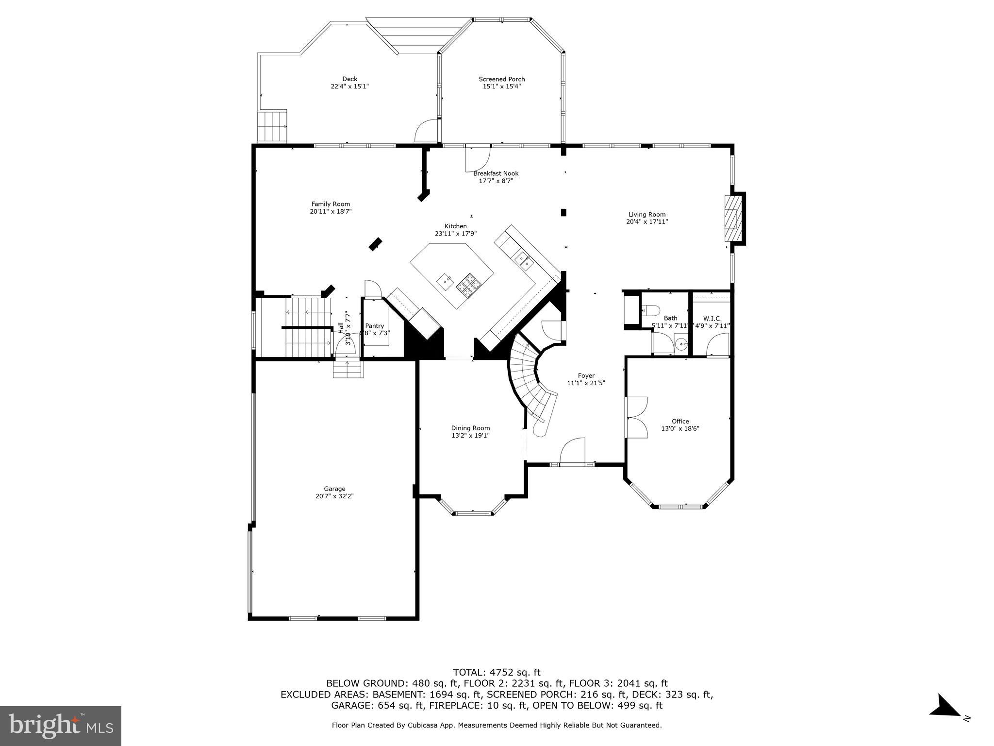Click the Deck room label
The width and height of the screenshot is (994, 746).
pyautogui.click(x=349, y=79)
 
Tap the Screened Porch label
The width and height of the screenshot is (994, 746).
pyautogui.click(x=501, y=79)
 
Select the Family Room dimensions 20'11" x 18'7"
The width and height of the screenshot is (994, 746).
pyautogui.click(x=331, y=212)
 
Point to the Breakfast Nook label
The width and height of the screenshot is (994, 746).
pyautogui.click(x=496, y=173)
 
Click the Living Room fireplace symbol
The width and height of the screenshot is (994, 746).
pyautogui.click(x=733, y=219)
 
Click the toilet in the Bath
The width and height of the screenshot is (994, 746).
pyautogui.click(x=651, y=310)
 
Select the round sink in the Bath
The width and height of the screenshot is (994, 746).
pyautogui.click(x=682, y=345)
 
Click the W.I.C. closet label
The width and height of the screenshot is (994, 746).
pyautogui.click(x=712, y=319)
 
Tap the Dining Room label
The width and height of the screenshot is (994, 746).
pyautogui.click(x=470, y=428)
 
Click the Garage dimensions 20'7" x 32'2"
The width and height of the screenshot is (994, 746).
pyautogui.click(x=334, y=496)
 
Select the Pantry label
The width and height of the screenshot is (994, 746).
pyautogui.click(x=374, y=326)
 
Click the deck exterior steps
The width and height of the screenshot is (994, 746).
pyautogui.click(x=272, y=126)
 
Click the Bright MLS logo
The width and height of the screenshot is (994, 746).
pyautogui.click(x=60, y=726)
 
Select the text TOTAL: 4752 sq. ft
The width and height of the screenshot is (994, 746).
pyautogui.click(x=496, y=673)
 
